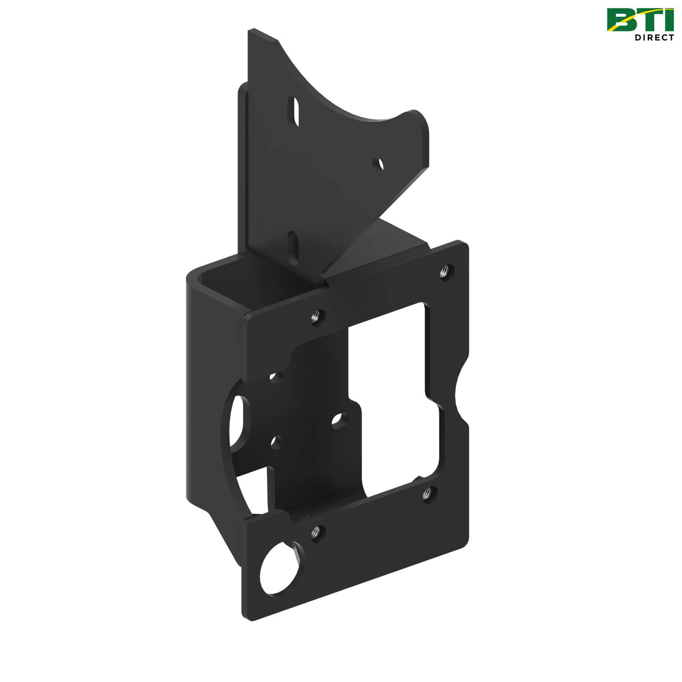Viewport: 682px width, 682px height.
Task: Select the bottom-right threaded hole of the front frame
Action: (x=429, y=492)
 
